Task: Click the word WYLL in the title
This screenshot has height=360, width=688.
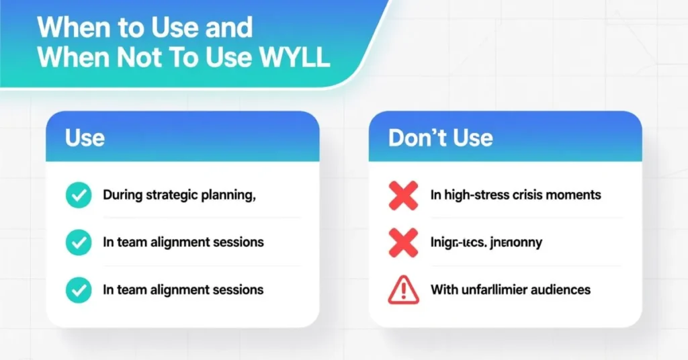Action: [294, 58]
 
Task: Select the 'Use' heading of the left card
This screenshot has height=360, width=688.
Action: [85, 138]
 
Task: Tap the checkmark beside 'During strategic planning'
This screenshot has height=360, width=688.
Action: [79, 195]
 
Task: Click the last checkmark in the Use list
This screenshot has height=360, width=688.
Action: [79, 290]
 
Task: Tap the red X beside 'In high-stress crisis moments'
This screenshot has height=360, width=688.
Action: [403, 195]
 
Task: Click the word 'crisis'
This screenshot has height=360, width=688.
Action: [530, 195]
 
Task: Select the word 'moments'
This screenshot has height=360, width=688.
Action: [574, 195]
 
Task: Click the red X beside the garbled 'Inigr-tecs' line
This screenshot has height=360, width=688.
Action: [403, 242]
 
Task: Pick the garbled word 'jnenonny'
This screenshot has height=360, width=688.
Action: [517, 242]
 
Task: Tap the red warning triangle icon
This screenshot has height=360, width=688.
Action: [403, 290]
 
